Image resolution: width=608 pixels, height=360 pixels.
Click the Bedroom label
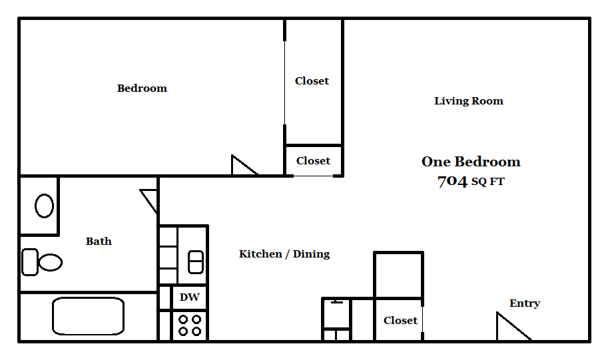pyautogui.click(x=142, y=88)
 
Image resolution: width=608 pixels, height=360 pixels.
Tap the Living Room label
pyautogui.click(x=469, y=101)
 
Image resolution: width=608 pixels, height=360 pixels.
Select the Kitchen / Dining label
pyautogui.click(x=284, y=254)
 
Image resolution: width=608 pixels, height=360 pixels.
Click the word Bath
pyautogui.click(x=99, y=241)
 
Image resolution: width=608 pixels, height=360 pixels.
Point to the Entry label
pyautogui.click(x=525, y=303)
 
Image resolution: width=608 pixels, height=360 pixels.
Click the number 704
pyautogui.click(x=452, y=181)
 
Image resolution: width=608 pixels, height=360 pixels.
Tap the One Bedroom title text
pyautogui.click(x=471, y=162)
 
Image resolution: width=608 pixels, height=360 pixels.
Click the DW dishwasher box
pyautogui.click(x=190, y=297)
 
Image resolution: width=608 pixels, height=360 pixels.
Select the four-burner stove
pyautogui.click(x=190, y=325)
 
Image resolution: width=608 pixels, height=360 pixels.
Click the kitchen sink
pyautogui.click(x=196, y=262)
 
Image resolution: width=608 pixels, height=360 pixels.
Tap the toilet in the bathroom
pyautogui.click(x=42, y=262)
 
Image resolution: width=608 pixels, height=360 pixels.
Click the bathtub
pyautogui.click(x=89, y=316)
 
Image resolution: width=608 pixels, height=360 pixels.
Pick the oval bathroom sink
pyautogui.click(x=45, y=206)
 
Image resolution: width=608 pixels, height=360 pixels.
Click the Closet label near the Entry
pyautogui.click(x=400, y=320)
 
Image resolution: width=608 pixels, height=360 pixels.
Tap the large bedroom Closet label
pyautogui.click(x=312, y=81)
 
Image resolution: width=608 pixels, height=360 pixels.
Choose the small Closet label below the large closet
pyautogui.click(x=313, y=160)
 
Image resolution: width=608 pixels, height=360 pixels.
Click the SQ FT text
pyautogui.click(x=488, y=182)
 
